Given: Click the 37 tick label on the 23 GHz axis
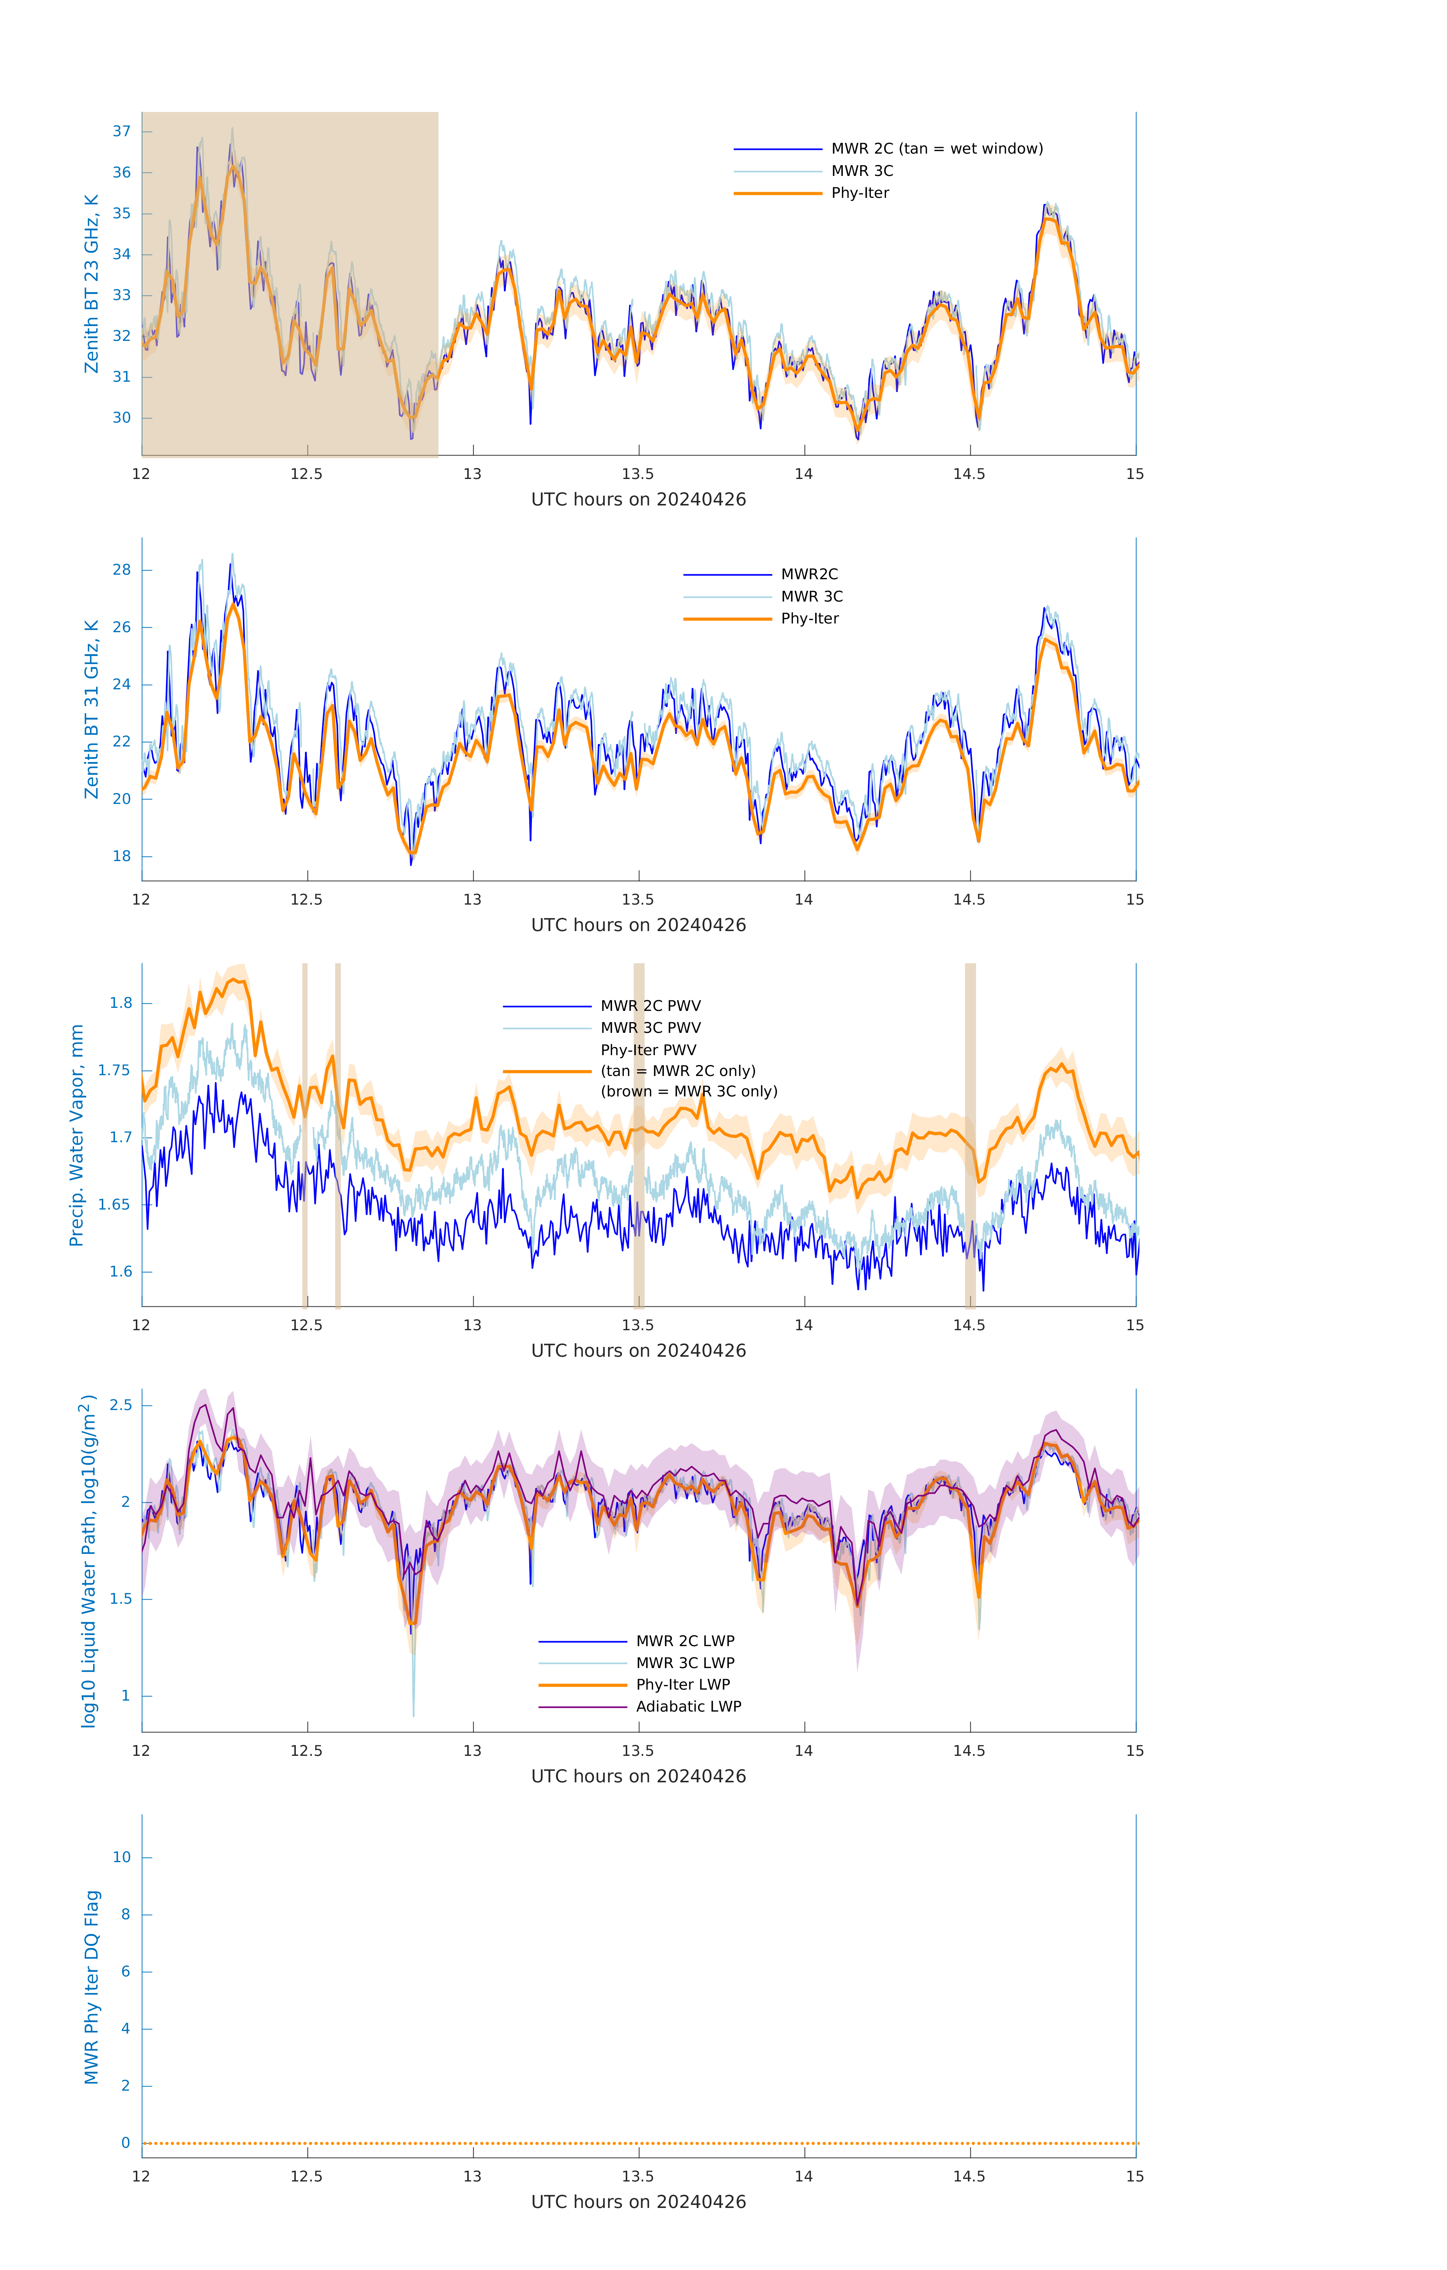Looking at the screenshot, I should tap(121, 131).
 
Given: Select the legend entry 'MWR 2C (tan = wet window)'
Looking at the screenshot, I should tap(936, 149).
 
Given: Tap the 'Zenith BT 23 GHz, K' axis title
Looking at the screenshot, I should tap(92, 284).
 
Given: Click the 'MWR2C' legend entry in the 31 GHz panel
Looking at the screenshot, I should tap(809, 574).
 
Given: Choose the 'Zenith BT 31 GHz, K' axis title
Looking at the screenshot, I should tap(92, 709).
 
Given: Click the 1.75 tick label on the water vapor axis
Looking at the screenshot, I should tap(115, 1070).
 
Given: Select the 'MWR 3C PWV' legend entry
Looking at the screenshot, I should tap(650, 1028).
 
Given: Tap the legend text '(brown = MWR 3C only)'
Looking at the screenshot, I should tap(689, 1091).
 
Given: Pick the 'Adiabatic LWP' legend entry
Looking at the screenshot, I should tap(688, 1706).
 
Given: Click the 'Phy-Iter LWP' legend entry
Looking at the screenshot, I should tap(682, 1685).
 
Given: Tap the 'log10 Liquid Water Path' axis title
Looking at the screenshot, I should tap(89, 1560).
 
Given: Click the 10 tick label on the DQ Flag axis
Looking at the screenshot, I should tap(121, 1857).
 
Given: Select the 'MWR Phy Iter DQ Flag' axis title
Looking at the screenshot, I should tap(92, 1986).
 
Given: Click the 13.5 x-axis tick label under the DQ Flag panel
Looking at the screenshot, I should tap(638, 2176).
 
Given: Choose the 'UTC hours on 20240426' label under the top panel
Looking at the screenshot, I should tap(638, 500).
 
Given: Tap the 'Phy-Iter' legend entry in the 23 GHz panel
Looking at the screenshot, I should tap(860, 193).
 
